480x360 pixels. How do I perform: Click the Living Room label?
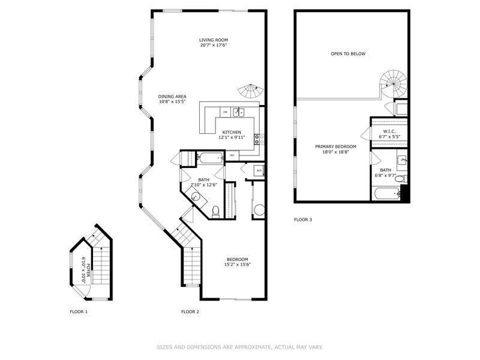(x=213, y=43)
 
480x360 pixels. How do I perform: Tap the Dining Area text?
(x=172, y=99)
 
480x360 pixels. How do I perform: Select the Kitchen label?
(x=232, y=134)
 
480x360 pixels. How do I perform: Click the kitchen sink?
(x=238, y=112)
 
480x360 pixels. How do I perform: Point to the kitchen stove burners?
(x=259, y=140)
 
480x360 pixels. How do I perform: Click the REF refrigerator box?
(x=232, y=156)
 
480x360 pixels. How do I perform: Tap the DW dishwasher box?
(x=225, y=112)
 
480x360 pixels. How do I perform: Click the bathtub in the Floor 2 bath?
(x=211, y=158)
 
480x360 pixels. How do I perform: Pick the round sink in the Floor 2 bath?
(x=196, y=198)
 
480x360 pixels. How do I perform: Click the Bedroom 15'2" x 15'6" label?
(x=237, y=262)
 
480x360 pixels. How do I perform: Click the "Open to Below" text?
(x=348, y=54)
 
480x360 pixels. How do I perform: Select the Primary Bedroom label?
(x=336, y=149)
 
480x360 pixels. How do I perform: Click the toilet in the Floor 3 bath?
(x=404, y=178)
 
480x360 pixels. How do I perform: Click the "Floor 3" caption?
(x=303, y=220)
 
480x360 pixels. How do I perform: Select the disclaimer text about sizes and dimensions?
(x=240, y=346)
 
